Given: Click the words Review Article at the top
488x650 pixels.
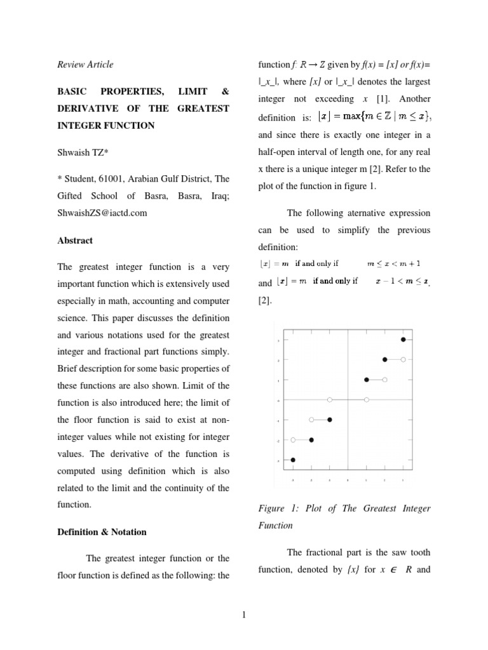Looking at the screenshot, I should coord(85,64).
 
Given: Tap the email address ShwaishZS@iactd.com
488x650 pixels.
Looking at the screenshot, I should coord(102,213).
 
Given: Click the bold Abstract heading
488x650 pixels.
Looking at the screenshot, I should coord(74,241).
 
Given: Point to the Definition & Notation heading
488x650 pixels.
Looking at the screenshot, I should coord(102,532).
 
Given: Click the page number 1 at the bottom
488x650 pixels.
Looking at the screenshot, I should coord(244,613).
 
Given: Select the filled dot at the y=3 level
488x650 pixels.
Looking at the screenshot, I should coord(403,340).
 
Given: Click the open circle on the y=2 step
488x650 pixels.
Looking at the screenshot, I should coord(403,359).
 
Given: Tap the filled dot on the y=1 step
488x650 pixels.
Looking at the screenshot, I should coord(367,380).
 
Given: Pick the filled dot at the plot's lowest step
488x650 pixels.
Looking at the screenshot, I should coord(293,460).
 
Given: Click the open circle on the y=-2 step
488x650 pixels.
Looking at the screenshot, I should coord(293,439).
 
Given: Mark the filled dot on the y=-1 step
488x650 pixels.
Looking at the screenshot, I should coord(329,420).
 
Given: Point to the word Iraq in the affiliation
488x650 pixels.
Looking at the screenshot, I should coord(220,196).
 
